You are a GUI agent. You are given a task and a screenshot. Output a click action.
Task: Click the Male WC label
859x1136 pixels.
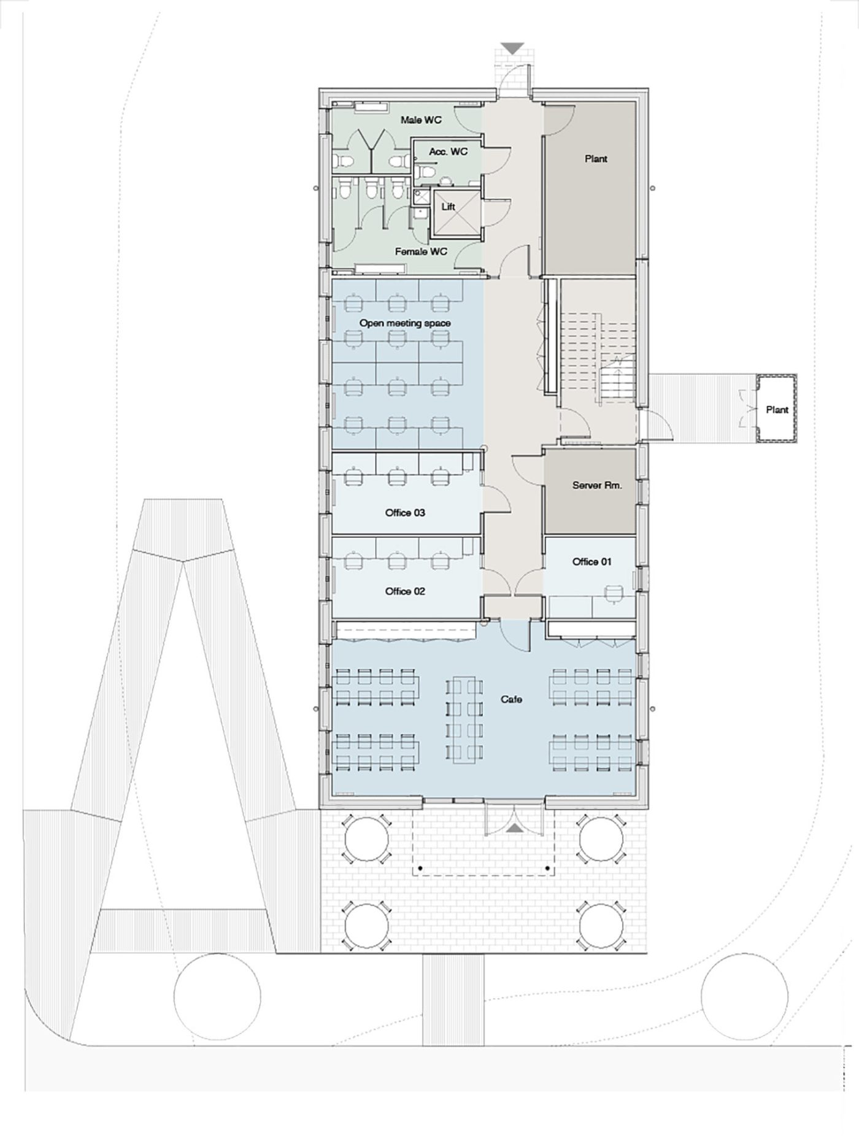[421, 120]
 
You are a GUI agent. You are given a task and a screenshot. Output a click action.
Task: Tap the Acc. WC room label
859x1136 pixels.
[448, 152]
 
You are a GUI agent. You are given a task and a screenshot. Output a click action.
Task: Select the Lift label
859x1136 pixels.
[449, 207]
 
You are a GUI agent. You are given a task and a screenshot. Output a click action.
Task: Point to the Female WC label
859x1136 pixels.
[421, 251]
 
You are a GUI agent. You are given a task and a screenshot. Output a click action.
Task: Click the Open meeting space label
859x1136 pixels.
[405, 323]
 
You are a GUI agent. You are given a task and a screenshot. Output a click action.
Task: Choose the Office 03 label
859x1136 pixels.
[405, 513]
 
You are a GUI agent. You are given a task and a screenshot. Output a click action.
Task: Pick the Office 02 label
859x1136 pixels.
[405, 591]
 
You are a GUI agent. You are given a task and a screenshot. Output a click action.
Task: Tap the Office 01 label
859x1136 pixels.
[592, 562]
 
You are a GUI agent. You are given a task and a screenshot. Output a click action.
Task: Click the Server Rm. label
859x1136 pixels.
[597, 485]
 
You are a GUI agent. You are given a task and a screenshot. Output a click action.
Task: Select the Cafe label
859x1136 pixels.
[511, 699]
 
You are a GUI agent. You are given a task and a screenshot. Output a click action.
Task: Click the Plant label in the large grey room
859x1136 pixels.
[596, 159]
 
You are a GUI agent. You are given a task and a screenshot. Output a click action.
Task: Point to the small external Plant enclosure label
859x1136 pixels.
[777, 410]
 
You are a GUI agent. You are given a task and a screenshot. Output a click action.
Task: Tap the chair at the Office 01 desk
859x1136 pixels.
[614, 593]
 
